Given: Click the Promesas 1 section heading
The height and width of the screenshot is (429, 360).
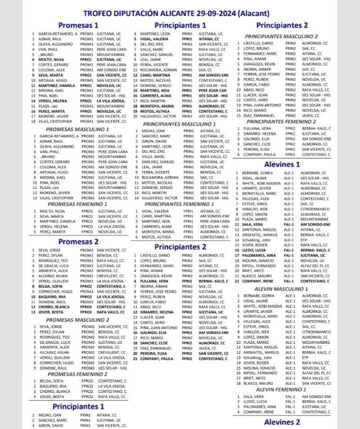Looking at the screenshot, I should (x=78, y=25).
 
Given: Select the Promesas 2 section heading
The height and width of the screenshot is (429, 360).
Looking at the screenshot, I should (x=78, y=241).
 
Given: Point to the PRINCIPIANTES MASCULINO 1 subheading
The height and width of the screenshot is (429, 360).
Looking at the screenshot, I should (x=180, y=124).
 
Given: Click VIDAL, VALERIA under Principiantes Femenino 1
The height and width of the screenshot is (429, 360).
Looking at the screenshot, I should (x=153, y=211).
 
